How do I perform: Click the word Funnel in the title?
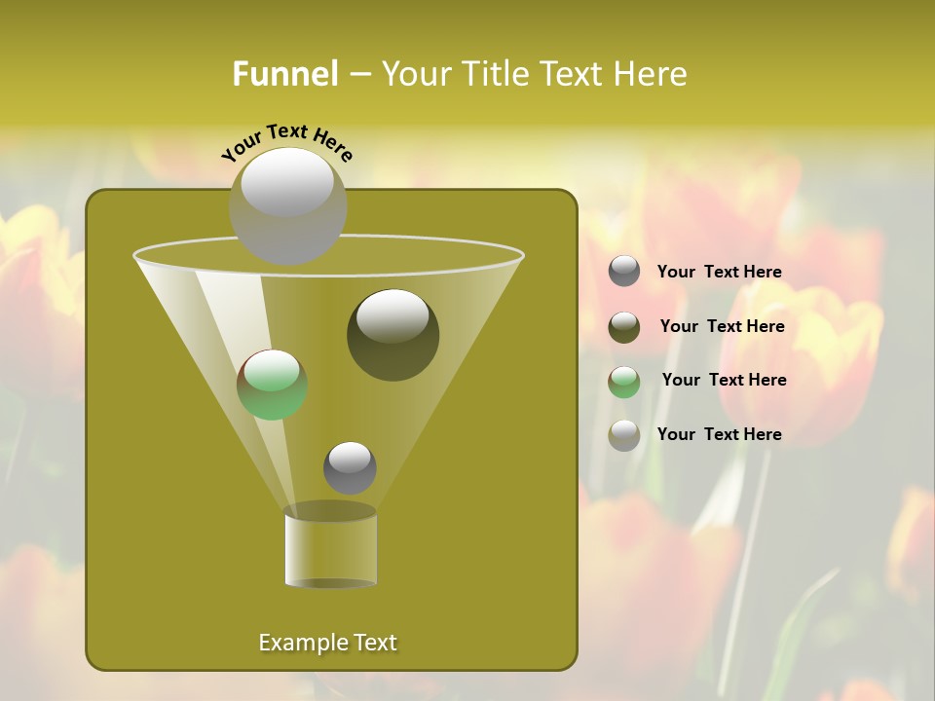(284, 74)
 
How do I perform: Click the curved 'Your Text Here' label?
(287, 142)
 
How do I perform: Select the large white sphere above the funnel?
(287, 205)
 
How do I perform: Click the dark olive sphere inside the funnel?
(393, 335)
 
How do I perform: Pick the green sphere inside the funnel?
(272, 385)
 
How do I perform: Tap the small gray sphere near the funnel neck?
(350, 468)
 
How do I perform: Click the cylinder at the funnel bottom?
(330, 547)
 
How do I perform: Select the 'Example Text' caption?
(328, 643)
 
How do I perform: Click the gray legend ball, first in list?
(624, 272)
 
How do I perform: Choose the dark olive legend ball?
(624, 327)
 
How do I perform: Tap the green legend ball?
(624, 382)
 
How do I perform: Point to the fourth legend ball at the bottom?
(624, 435)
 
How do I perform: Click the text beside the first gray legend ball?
(719, 273)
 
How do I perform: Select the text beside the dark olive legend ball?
(722, 327)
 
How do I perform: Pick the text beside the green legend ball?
(724, 381)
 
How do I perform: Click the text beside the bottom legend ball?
(719, 435)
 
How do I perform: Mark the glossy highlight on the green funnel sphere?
(272, 370)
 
